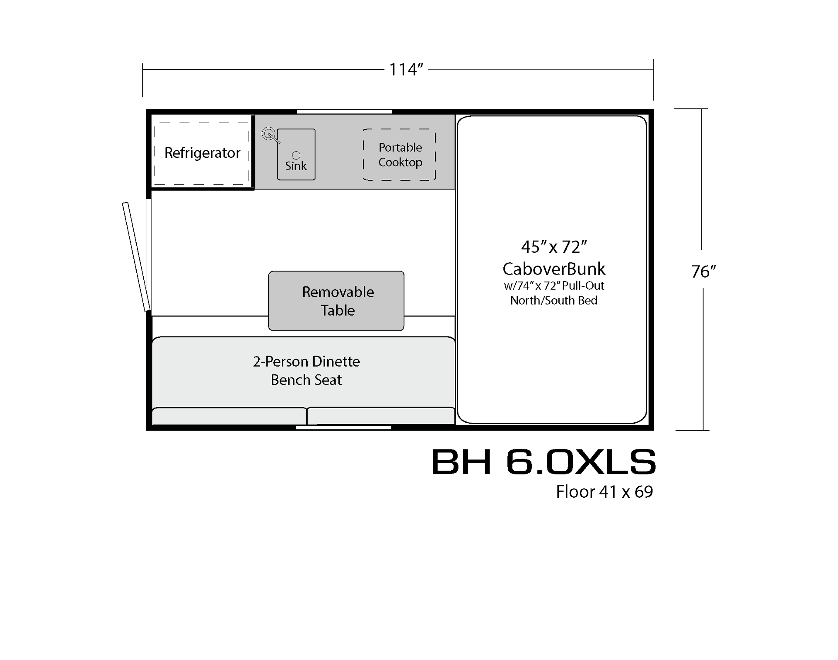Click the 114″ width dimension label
click(406, 70)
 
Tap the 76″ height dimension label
click(703, 271)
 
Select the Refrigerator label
click(202, 153)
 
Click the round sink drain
click(296, 155)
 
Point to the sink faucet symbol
click(270, 135)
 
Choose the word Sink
click(296, 166)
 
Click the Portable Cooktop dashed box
click(399, 155)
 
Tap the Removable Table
click(336, 301)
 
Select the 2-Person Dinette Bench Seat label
click(306, 370)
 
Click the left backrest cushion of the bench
click(229, 416)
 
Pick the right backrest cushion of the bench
click(381, 416)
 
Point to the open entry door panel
click(136, 256)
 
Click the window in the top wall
click(345, 111)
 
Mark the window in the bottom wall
click(344, 427)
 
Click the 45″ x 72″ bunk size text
click(554, 247)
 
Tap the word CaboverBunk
click(554, 269)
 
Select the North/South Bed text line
click(554, 300)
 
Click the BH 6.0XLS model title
click(543, 462)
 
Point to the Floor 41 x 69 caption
click(604, 492)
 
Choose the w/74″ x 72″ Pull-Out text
click(554, 285)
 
